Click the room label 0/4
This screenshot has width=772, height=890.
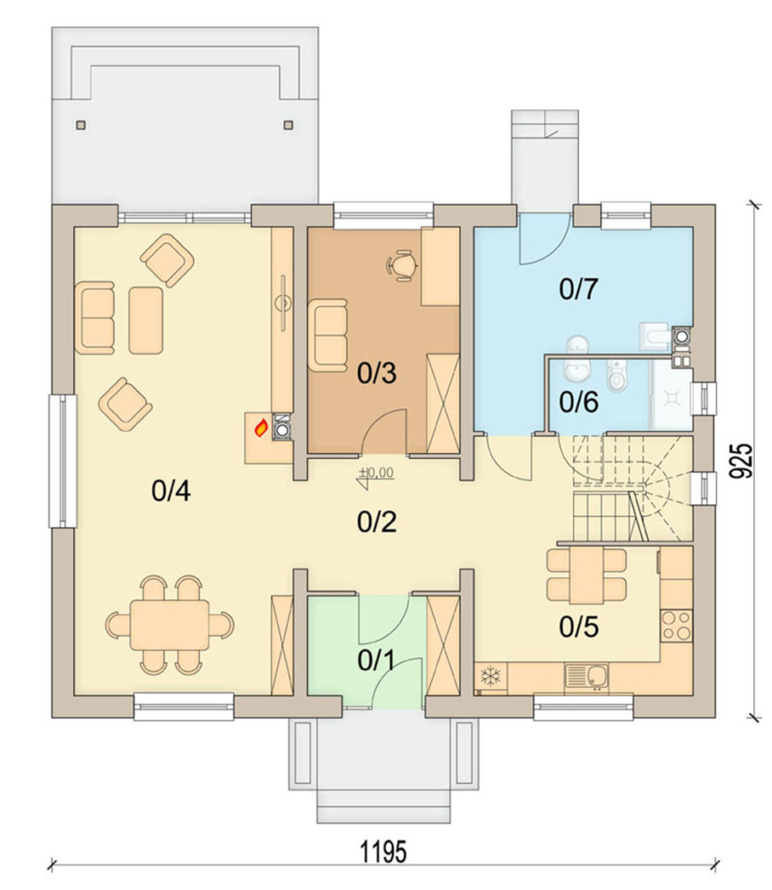click(x=171, y=490)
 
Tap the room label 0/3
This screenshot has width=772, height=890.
click(x=376, y=373)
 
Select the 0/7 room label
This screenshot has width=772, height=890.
click(x=578, y=289)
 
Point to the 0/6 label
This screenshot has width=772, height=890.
click(x=578, y=402)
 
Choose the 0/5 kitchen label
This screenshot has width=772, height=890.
click(x=578, y=627)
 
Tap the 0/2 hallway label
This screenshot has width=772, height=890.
click(x=376, y=521)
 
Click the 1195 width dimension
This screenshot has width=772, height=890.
click(x=383, y=852)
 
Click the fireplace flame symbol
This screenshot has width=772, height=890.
click(x=261, y=428)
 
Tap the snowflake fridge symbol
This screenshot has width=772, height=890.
click(x=489, y=675)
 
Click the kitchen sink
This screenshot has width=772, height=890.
click(x=595, y=675)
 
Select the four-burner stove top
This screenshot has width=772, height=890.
click(x=676, y=626)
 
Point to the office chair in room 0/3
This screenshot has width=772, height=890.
click(x=403, y=265)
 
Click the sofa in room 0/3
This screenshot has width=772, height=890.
click(x=328, y=335)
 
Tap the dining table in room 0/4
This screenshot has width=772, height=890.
click(x=170, y=626)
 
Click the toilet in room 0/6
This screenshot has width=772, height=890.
click(x=616, y=375)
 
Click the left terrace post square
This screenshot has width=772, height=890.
click(x=82, y=125)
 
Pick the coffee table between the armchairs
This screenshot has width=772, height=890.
click(x=146, y=320)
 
